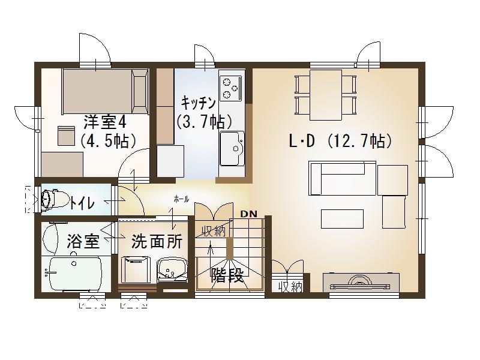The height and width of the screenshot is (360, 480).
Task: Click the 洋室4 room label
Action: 104,122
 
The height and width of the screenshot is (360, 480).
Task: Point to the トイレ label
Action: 82,203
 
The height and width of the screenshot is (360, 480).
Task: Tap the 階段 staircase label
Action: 227,275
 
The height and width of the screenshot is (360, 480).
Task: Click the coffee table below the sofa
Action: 342,217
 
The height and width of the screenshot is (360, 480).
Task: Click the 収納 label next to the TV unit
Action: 289,286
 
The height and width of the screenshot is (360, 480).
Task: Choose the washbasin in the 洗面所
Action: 170,271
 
